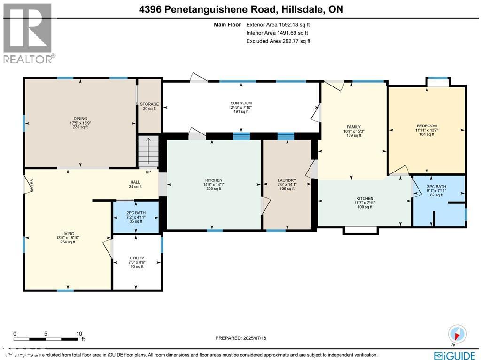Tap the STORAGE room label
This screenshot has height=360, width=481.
tap(149, 104)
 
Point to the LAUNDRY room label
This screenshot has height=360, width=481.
tap(287, 180)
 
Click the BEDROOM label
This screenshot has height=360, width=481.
tap(427, 126)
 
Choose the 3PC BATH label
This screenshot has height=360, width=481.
tap(436, 186)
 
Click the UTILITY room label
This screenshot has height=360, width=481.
tap(137, 258)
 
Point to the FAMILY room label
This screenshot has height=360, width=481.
tap(353, 127)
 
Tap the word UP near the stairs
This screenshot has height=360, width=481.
tap(148, 172)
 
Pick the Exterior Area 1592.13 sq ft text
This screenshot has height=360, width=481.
tap(278, 25)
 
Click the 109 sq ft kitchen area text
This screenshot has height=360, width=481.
tap(365, 207)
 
